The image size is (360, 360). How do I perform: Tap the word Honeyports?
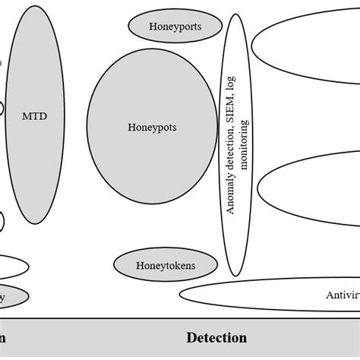175,27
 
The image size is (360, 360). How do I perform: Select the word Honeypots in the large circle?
152,128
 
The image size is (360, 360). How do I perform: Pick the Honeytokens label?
166,266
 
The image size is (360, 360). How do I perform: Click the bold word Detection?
216,338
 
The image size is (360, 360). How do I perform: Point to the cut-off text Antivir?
342,295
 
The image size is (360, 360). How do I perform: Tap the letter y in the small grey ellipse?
3,298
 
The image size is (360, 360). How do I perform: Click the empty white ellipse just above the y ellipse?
11,267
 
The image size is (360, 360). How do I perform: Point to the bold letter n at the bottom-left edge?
3,338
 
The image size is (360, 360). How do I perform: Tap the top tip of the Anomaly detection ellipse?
236,14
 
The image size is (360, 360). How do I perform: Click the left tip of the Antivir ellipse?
181,295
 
